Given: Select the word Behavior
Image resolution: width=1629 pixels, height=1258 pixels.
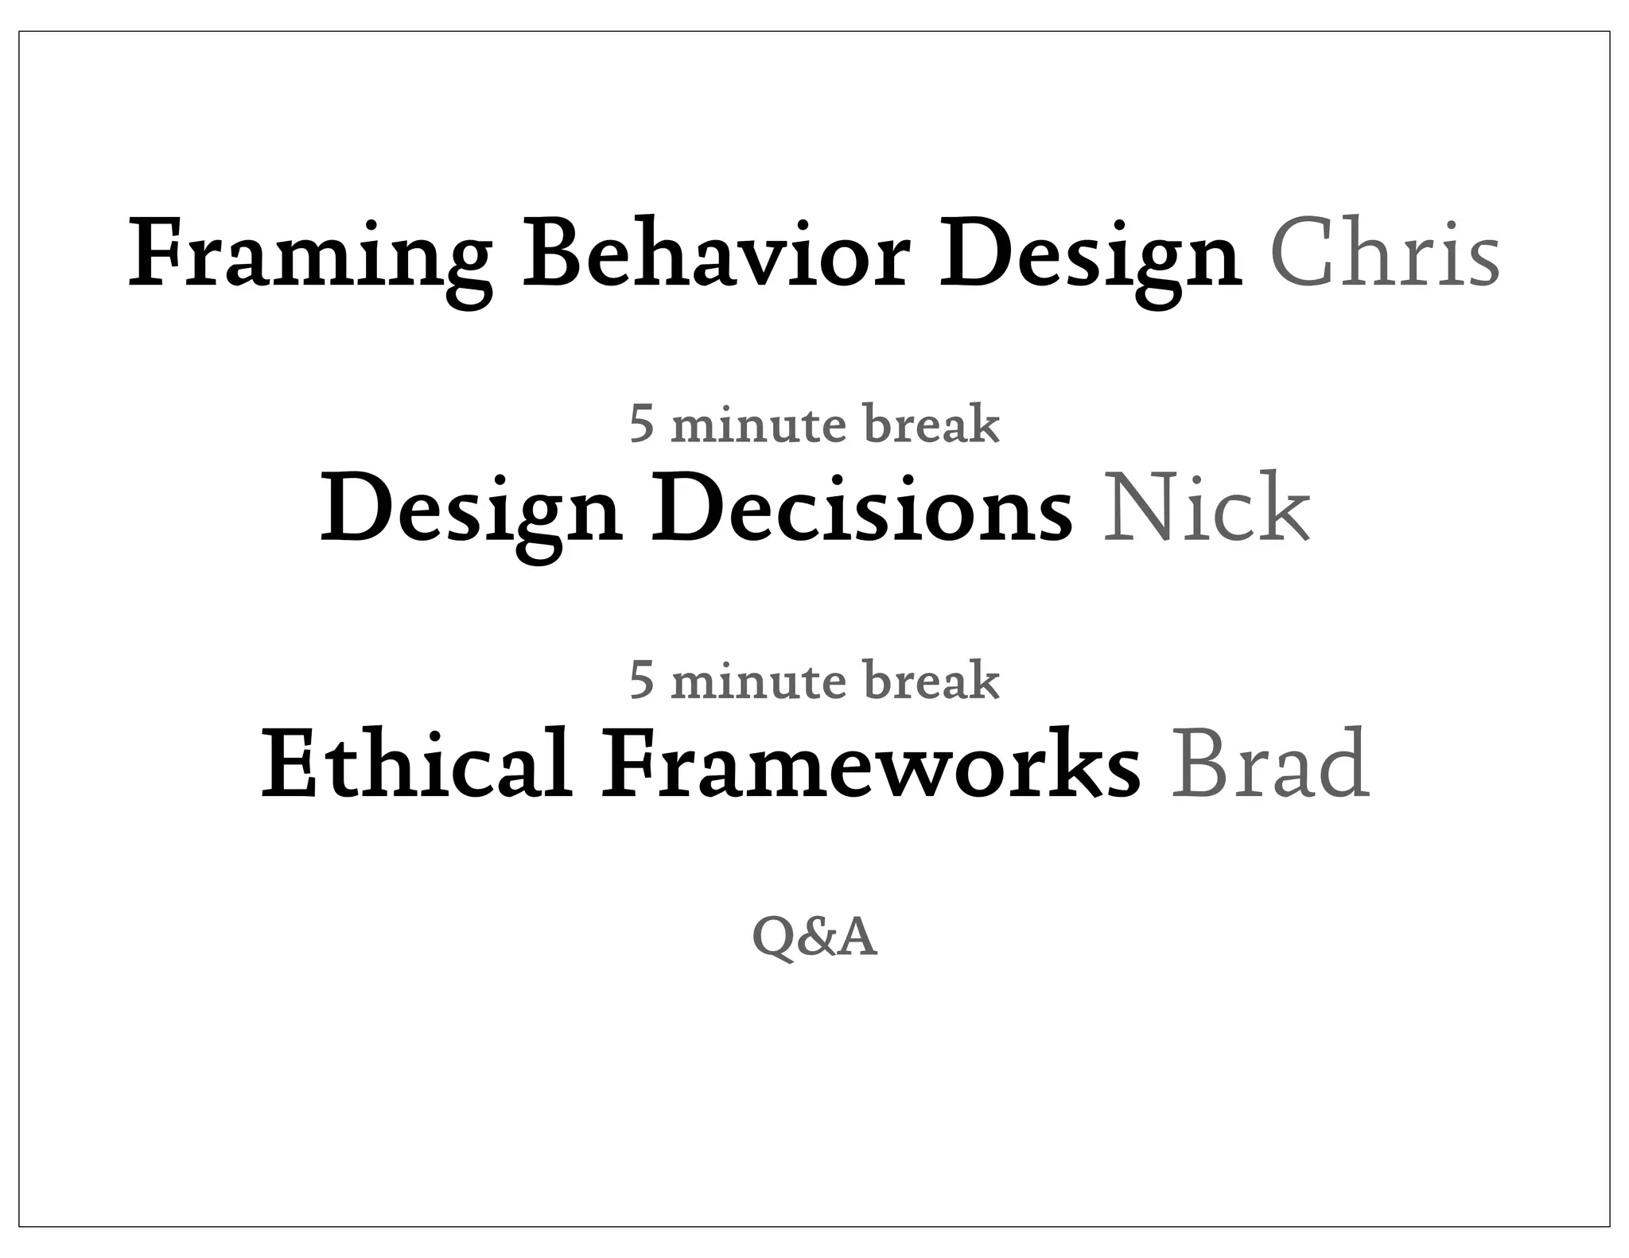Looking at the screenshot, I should point(715,254).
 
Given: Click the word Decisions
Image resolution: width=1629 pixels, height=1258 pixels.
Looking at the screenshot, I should point(862,509).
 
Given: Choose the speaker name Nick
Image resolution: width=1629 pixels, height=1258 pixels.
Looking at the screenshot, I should point(1206,509).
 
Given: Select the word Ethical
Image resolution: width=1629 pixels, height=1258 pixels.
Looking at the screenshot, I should point(416,765).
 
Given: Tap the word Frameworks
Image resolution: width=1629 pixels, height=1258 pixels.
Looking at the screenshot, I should point(870,765).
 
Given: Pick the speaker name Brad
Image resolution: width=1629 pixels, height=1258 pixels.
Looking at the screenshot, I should point(1270,765).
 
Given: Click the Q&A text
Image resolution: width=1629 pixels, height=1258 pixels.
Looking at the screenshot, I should point(814,938).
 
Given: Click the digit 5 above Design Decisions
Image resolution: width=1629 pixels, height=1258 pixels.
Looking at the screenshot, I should point(641,425).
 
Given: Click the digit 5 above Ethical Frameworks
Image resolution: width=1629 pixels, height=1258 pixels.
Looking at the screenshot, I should point(641,681).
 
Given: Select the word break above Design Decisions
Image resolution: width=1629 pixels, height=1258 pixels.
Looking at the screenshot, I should point(931,425).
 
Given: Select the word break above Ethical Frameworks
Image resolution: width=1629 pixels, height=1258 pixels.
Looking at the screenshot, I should point(931,681).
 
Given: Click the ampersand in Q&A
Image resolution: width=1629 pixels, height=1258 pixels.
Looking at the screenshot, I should point(815,938).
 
